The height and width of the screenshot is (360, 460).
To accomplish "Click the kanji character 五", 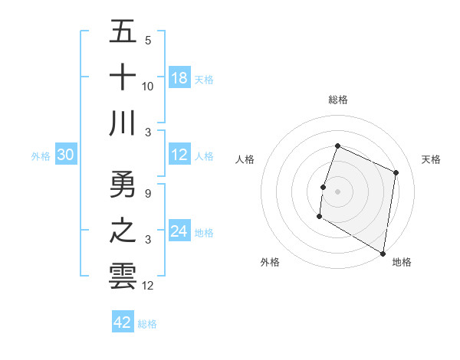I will point(123,32).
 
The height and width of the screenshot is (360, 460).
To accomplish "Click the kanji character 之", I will point(123,231).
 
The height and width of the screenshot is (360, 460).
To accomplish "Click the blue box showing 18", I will point(179,78).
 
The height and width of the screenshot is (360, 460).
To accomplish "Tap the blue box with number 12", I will point(179,155).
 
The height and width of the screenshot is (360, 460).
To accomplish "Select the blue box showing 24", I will point(179,232).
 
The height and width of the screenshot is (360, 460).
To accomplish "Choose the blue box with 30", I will point(65,155).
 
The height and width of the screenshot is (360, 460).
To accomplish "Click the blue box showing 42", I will point(122,322).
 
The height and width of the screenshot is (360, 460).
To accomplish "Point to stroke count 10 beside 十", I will point(148,87).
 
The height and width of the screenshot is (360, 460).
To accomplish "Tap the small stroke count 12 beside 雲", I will point(148,286).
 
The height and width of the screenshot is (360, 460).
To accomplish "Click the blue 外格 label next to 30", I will point(41,156).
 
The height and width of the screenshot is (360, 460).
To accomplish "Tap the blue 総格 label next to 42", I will point(147,324).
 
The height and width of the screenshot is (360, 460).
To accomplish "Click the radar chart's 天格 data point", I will point(396,172).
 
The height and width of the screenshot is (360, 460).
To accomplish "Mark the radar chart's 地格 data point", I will point(383,253).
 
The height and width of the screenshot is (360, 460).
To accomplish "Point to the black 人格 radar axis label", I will point(245,159).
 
